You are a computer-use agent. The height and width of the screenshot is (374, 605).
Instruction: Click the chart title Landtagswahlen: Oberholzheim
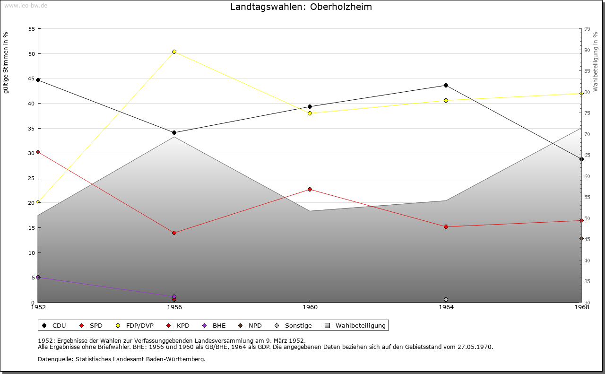click(x=301, y=7)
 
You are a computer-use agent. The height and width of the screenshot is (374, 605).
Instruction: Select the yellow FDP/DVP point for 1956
click(x=174, y=52)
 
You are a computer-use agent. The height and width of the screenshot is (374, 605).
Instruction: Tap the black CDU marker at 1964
click(x=446, y=86)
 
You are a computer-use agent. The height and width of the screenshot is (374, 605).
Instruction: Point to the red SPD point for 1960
click(x=310, y=189)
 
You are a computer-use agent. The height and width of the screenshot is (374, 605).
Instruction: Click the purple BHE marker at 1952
click(x=38, y=277)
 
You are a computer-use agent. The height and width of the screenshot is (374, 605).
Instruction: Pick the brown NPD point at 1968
click(x=581, y=238)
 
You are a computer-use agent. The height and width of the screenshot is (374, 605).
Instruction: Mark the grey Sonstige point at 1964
click(x=446, y=299)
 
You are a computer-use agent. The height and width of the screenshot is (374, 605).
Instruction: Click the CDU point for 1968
click(x=581, y=159)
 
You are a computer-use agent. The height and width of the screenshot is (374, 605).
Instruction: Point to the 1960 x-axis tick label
click(x=310, y=307)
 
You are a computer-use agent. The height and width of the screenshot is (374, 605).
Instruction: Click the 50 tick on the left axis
click(x=32, y=53)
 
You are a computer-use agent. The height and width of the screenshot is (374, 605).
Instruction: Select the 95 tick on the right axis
click(x=587, y=29)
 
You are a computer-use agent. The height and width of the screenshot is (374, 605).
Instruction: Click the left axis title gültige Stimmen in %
click(x=6, y=62)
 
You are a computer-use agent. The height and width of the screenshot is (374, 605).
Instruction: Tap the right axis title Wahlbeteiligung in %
click(x=596, y=61)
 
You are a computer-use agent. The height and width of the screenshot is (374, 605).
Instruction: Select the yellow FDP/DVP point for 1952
click(x=38, y=202)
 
